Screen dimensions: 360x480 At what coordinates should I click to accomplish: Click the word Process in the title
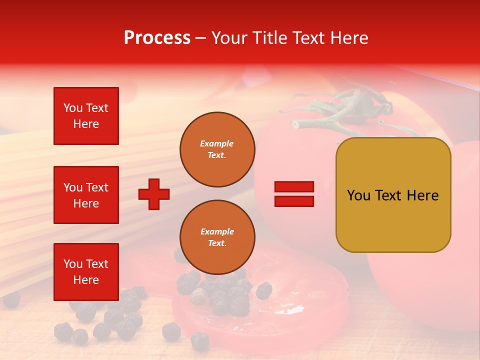point(157,38)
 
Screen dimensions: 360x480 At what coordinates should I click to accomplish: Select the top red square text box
point(86,116)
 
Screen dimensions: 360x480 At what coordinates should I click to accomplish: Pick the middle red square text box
point(86,195)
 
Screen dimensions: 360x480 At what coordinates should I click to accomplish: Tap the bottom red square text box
point(86,271)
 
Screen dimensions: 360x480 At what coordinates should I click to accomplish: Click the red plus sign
point(154,194)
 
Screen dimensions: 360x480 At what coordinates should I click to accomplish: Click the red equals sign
point(294,194)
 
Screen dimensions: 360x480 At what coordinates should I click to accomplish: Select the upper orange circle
point(217,149)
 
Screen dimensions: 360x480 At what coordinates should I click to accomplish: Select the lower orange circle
point(217,237)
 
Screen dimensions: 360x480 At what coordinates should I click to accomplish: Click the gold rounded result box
point(393,195)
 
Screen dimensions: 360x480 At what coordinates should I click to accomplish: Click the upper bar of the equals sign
point(294,187)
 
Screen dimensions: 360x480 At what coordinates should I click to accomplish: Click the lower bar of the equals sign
point(294,201)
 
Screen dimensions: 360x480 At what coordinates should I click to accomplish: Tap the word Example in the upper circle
point(216,143)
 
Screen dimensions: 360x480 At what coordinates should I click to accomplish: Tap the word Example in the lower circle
point(217,231)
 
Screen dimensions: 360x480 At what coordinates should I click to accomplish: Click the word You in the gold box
point(358,195)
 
